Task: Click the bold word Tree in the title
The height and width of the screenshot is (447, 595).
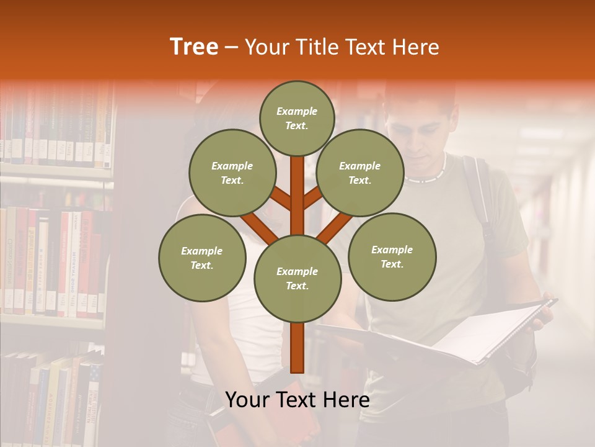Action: click(194, 47)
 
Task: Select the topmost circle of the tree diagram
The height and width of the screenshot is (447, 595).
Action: click(297, 118)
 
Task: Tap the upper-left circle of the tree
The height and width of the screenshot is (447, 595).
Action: click(232, 173)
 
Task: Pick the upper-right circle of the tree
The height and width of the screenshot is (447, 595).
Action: click(360, 173)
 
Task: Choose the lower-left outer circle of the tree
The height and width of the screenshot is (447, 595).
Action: click(202, 258)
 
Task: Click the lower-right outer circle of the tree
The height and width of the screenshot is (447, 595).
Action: click(392, 256)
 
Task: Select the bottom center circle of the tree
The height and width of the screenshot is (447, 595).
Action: click(297, 278)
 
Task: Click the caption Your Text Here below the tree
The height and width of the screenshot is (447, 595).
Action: click(297, 400)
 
